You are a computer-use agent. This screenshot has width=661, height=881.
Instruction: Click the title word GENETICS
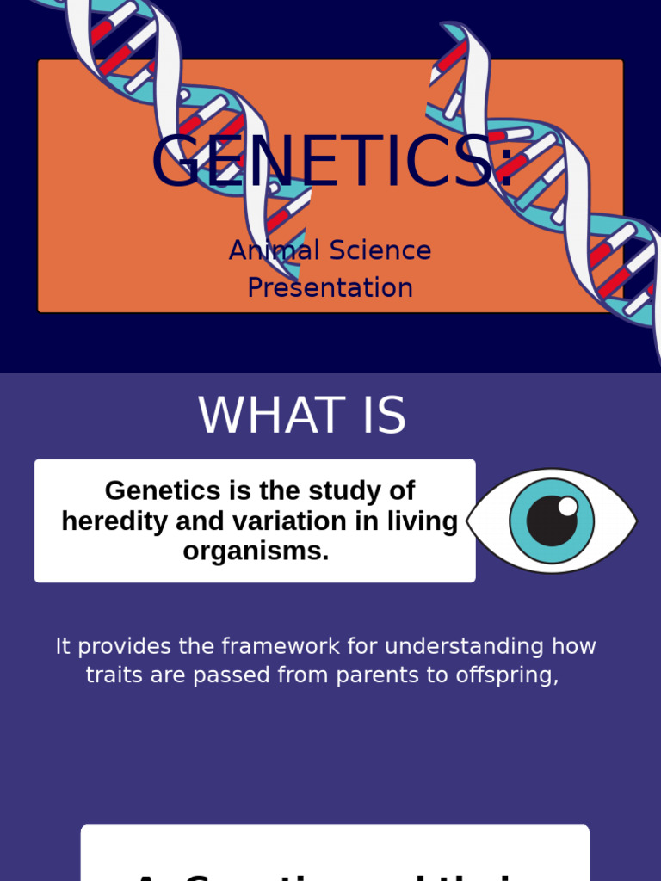point(323,162)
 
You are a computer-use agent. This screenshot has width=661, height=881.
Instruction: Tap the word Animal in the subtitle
point(263,250)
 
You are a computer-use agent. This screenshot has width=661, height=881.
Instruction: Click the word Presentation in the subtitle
point(330,287)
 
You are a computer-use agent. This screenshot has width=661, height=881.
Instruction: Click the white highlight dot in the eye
point(568,507)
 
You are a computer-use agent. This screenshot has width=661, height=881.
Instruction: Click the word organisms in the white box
point(256,551)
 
